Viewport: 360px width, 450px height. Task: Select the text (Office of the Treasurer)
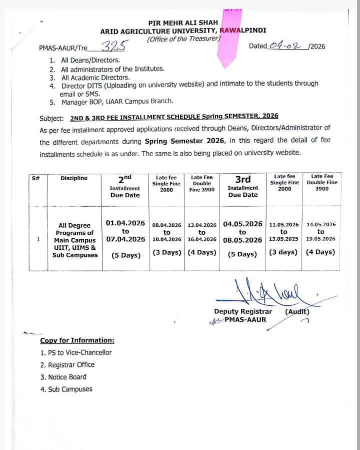tap(184, 39)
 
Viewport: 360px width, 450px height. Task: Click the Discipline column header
tap(74, 178)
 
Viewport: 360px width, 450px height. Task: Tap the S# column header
tap(35, 178)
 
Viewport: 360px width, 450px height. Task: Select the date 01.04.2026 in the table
tap(125, 223)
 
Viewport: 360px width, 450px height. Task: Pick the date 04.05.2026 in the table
tap(242, 224)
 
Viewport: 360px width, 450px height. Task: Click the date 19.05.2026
tap(321, 239)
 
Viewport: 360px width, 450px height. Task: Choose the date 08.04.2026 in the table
tap(166, 225)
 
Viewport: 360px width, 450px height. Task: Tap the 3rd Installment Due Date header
tap(243, 186)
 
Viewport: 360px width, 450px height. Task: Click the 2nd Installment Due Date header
tap(125, 187)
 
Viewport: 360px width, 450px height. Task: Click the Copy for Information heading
tap(77, 340)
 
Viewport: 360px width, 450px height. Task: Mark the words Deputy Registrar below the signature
tap(243, 312)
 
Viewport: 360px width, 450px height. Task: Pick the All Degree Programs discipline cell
tap(75, 240)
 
